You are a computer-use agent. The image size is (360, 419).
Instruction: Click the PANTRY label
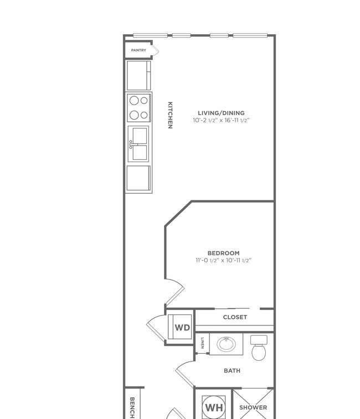coord(138,50)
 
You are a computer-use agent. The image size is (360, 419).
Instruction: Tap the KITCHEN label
coord(170,115)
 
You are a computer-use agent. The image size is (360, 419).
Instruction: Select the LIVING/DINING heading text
coord(221,113)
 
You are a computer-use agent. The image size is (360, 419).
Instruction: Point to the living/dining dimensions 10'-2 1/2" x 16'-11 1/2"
coord(221,120)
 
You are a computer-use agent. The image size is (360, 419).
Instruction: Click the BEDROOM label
coord(224,253)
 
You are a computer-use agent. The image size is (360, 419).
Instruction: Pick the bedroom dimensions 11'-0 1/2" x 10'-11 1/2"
coord(224,260)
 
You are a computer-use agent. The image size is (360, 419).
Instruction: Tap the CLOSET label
coord(235,317)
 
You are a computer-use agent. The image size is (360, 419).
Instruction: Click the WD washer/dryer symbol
coord(180,327)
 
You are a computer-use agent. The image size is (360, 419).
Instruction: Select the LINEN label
coord(203,343)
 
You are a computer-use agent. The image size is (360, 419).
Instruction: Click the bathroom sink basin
coord(227,344)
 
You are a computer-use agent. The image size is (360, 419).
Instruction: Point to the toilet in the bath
coord(259,348)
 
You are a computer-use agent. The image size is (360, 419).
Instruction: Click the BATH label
coord(232,371)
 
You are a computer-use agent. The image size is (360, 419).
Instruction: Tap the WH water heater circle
coord(214,407)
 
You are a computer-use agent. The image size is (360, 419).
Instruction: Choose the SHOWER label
coord(253,407)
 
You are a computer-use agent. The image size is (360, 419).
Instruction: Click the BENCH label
coord(132,408)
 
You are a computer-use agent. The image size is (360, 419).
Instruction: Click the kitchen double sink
coord(138,144)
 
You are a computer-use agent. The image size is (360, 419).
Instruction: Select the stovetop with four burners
coord(139,108)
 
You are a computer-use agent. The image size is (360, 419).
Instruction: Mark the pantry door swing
coord(156,50)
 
